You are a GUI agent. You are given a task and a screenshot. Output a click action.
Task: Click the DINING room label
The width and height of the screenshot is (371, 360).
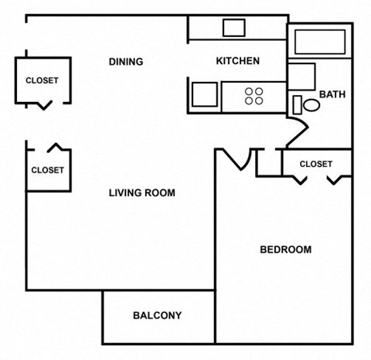point(126,62)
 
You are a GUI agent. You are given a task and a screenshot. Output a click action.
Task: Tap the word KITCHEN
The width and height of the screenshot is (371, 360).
point(237,61)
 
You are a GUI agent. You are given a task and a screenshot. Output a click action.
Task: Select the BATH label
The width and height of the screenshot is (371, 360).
point(332,95)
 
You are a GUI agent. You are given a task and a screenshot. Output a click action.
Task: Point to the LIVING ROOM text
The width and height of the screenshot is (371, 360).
point(141,193)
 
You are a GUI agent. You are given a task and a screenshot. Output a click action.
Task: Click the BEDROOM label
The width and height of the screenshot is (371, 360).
point(285,250)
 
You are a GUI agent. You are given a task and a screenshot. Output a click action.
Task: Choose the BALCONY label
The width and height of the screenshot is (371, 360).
point(157,315)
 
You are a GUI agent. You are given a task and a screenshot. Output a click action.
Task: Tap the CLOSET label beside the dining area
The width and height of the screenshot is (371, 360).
point(42,80)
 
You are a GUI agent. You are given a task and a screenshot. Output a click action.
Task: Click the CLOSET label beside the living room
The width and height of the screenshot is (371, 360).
point(47,170)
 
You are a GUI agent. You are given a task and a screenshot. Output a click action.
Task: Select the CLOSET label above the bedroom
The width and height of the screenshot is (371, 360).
point(315,164)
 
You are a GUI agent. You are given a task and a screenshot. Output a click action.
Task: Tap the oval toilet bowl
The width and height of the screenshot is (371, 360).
point(311,104)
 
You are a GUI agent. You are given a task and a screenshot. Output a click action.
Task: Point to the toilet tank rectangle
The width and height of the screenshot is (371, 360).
point(297,104)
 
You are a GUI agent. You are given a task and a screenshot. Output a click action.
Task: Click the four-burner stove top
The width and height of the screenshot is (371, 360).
point(254,95)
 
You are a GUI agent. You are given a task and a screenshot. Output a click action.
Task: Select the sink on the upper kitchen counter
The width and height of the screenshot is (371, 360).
point(233,28)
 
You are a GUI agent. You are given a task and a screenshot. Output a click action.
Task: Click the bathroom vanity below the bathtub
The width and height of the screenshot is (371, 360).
point(302,76)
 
